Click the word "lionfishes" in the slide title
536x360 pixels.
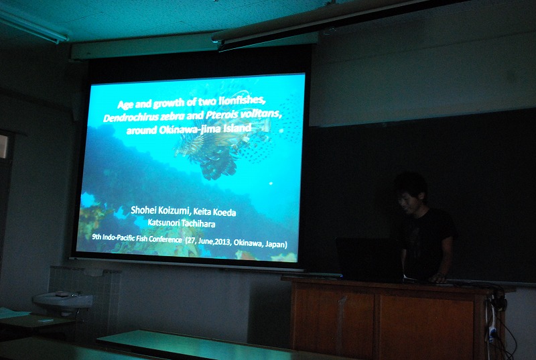click(x=243, y=100)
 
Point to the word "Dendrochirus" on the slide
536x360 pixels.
click(x=131, y=117)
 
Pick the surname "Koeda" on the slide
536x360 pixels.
click(x=224, y=213)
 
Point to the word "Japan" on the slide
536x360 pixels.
click(x=278, y=244)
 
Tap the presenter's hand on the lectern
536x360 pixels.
click(x=438, y=278)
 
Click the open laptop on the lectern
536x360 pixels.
click(x=370, y=260)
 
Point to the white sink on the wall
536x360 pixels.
click(x=63, y=300)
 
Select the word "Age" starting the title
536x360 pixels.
click(x=125, y=104)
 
